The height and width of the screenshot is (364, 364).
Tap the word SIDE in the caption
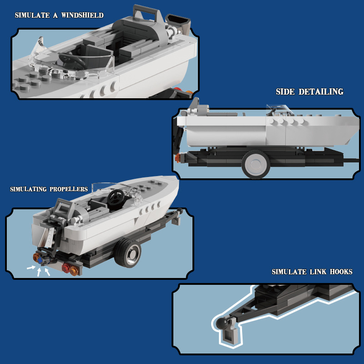tap(286, 92)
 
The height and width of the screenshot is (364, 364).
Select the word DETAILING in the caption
tap(321, 92)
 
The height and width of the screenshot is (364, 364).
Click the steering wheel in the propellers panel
tap(116, 197)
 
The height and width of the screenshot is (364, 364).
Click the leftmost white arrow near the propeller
tap(30, 268)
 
